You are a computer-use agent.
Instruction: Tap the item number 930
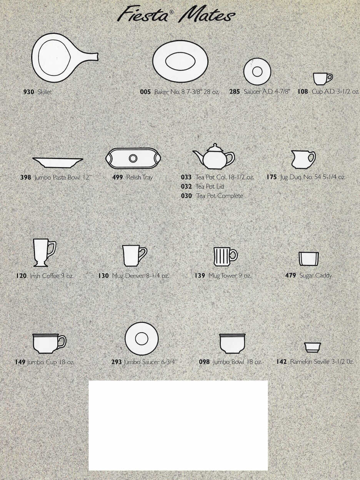coord(29,92)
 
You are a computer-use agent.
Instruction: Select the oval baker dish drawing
coord(180,62)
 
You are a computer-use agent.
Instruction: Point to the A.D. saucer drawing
coord(257,72)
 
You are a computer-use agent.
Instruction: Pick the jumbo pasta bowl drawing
coord(58,163)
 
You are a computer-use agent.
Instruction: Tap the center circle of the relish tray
coord(133,158)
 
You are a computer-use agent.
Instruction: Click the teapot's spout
coord(198,156)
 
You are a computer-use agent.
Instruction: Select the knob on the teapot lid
coord(215,146)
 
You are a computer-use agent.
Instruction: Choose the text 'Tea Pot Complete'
coord(220,196)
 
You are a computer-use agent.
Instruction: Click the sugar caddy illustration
coord(309,259)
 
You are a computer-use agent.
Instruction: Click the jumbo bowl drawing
coord(232,343)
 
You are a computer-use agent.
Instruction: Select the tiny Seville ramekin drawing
coord(313,347)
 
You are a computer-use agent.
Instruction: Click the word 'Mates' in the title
coord(208,16)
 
